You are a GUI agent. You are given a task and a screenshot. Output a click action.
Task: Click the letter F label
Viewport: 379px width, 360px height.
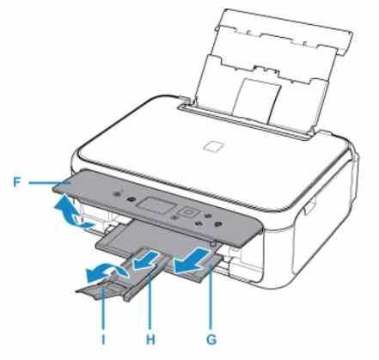tap(17, 182)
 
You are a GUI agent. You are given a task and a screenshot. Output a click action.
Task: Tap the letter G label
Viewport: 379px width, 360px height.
tap(211, 339)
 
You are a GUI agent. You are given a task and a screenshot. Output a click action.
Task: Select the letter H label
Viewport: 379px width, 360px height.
tap(150, 339)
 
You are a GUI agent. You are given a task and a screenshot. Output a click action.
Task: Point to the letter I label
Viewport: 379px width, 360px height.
tap(103, 339)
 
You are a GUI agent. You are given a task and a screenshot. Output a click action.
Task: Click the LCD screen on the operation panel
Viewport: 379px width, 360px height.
tap(156, 205)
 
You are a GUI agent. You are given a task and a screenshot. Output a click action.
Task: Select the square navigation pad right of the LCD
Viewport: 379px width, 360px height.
tap(188, 213)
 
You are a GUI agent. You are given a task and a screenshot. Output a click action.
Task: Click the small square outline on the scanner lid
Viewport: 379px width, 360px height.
tap(214, 146)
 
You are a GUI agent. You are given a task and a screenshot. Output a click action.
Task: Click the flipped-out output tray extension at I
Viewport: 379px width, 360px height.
tap(101, 290)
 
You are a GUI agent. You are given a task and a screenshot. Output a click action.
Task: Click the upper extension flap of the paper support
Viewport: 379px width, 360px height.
tap(285, 32)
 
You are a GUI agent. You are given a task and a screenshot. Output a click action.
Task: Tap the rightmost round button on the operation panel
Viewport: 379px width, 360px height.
tap(217, 224)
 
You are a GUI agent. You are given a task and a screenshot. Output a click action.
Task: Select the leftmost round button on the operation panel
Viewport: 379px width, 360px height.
tap(116, 194)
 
